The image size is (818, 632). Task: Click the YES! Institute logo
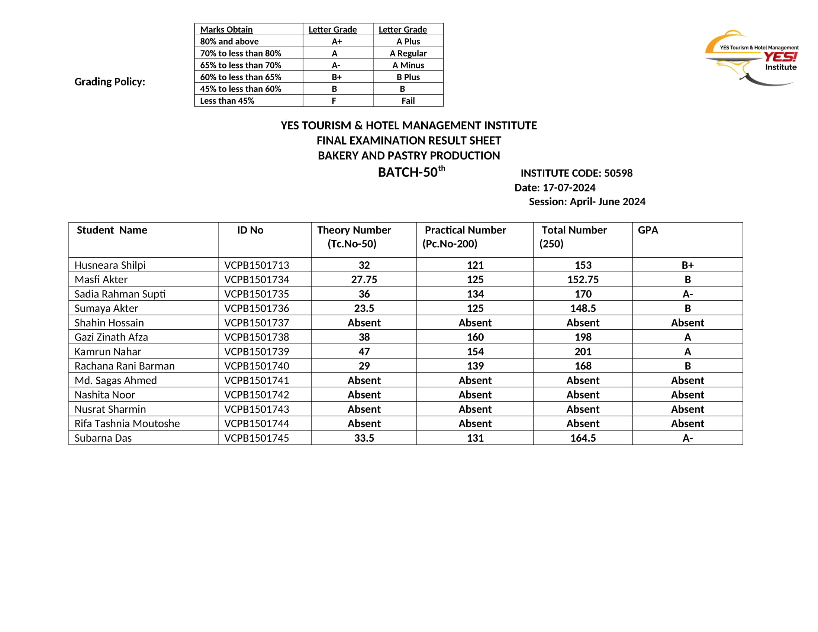pos(751,58)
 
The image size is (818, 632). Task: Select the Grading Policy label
pos(110,82)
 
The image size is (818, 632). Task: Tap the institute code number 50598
pos(618,173)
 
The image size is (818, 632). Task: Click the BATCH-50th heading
pos(411,172)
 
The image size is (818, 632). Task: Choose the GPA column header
pos(648,230)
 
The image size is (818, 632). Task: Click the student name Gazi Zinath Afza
pos(111,337)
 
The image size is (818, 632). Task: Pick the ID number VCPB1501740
pos(257,366)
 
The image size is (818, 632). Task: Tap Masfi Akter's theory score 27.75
pos(364,279)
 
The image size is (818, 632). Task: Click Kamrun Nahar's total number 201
pos(583,352)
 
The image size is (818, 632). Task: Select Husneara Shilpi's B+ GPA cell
pos(687,265)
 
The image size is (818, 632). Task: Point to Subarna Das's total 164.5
pos(583,438)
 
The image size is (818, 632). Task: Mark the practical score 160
pos(475,337)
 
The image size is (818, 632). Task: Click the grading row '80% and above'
pos(229,41)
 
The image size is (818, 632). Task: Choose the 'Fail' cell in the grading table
pos(408,101)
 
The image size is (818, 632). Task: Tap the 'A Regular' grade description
pos(408,53)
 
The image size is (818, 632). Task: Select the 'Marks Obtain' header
pos(226,29)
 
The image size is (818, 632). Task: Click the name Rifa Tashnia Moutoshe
pos(127,423)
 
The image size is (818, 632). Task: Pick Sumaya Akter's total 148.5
pos(583,308)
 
